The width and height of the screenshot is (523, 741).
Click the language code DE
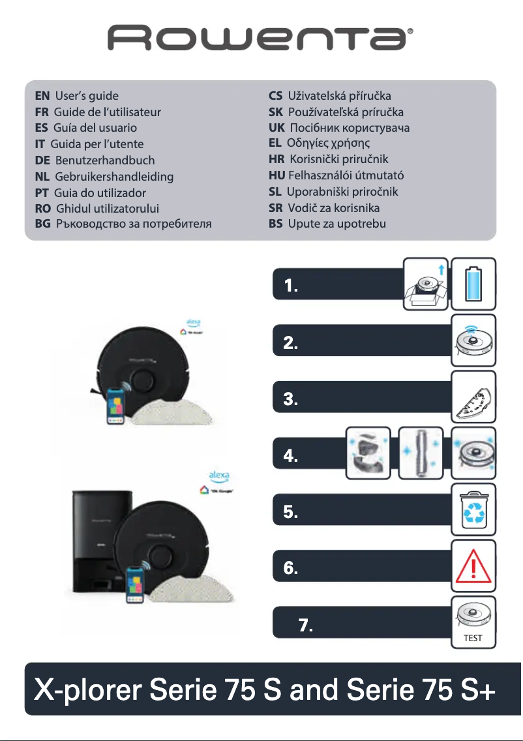[43, 160]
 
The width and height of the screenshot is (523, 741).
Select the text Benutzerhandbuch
[105, 160]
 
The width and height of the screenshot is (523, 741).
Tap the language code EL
[275, 143]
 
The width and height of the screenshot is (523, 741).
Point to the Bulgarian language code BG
[42, 224]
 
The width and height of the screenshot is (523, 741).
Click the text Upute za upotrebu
[336, 224]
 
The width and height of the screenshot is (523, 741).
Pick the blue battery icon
[473, 284]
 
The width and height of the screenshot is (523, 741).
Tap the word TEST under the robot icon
[473, 638]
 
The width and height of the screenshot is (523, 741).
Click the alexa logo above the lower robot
[218, 475]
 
